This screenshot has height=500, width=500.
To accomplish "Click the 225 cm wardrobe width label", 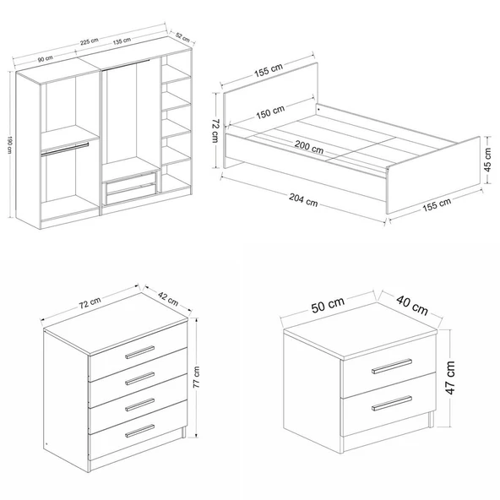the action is point(89,41).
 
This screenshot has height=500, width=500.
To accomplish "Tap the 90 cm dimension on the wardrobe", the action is point(46,58).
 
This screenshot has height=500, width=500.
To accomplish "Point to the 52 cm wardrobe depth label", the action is point(182,37).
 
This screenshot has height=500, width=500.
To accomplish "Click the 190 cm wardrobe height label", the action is point(9,145).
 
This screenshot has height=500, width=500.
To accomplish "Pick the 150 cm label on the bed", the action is point(270,111).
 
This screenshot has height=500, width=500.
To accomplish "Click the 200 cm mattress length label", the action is point(308,147).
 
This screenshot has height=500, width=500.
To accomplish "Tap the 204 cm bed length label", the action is point(303,199).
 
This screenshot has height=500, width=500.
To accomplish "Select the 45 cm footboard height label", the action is point(488,160).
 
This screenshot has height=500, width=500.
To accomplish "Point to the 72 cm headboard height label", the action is point(215,131).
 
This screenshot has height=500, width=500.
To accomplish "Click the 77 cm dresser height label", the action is point(197,377).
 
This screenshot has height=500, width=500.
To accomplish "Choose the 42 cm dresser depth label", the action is point(168,299).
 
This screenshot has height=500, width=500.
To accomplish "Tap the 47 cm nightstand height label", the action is point(450,378).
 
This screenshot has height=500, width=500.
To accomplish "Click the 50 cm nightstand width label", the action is point(328,305).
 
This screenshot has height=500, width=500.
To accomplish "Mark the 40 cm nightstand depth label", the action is point(412,305).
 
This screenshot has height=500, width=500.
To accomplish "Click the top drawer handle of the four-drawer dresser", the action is point(139,352).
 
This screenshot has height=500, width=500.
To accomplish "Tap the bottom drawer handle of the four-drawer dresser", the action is point(139,431).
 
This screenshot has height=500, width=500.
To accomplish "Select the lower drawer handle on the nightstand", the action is point(392,404).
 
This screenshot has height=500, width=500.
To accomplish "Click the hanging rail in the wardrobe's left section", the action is point(65,149).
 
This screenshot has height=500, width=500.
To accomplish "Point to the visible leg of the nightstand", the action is point(431,419).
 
